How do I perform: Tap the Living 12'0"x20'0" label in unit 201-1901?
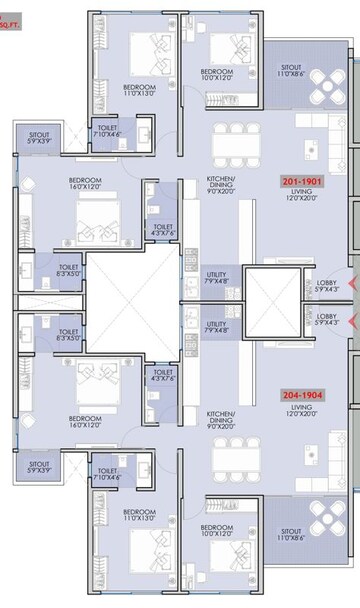303,195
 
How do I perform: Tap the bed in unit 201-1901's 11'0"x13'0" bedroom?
155,50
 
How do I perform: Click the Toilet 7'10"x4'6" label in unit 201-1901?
107,133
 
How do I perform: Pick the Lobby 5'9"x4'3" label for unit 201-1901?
327,286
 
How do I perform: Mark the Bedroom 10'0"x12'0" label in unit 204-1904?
217,530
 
